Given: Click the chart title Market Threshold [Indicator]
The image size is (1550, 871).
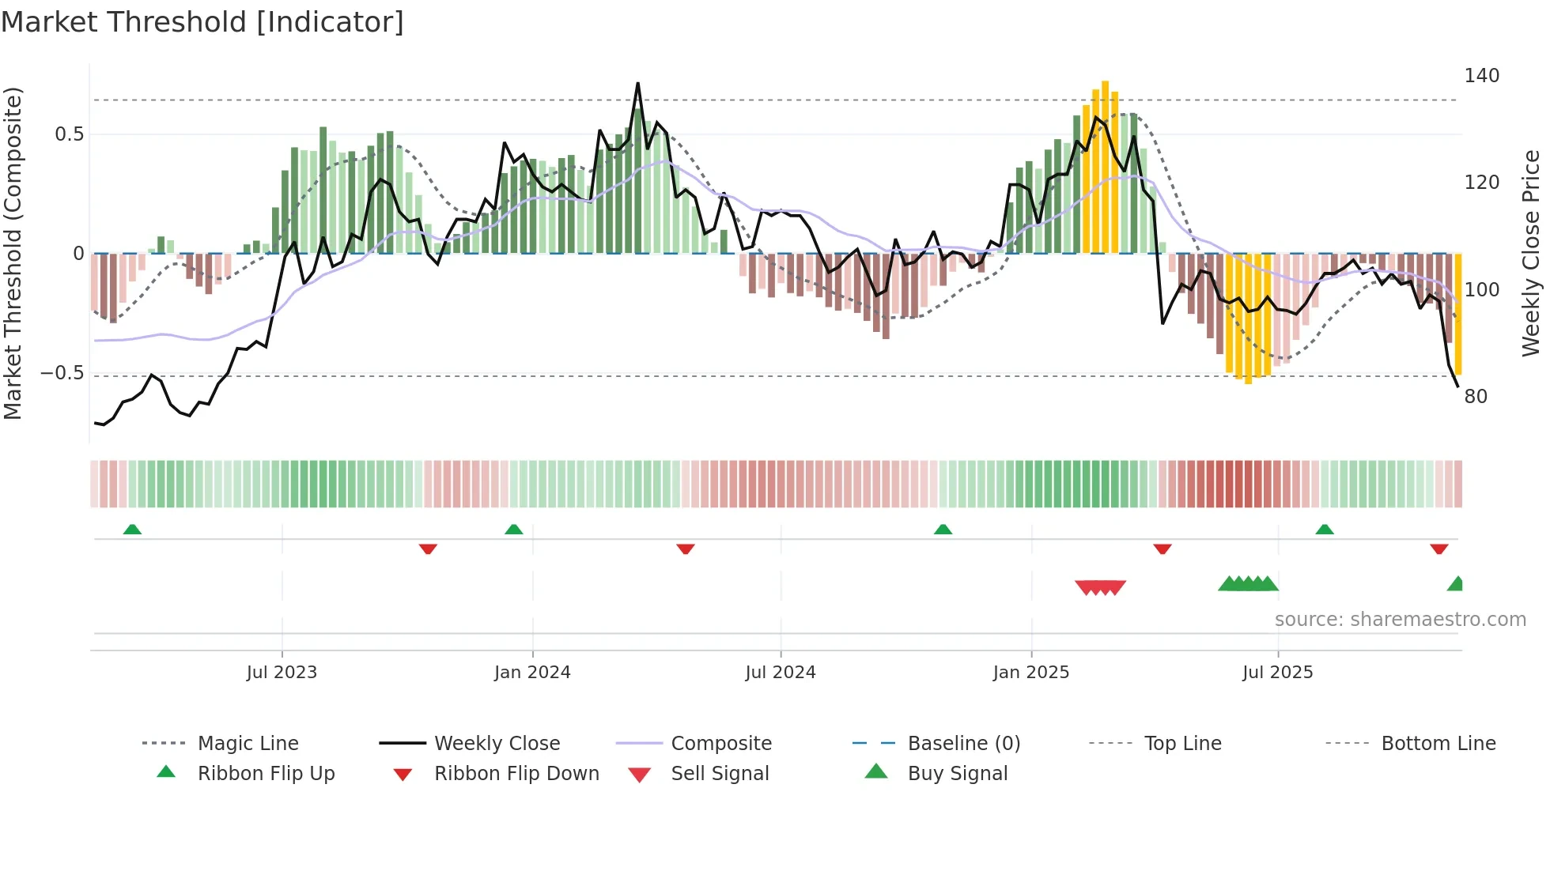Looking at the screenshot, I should coord(202,22).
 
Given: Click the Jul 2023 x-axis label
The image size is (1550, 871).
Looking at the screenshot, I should coord(282,673).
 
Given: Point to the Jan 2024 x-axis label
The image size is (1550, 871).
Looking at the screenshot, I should coord(532,673).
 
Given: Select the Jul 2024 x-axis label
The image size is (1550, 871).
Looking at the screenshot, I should coord(781,673).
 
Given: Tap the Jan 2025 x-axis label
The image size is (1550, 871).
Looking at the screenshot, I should coord(1031,673).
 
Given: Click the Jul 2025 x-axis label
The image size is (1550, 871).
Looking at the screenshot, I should coord(1278,673).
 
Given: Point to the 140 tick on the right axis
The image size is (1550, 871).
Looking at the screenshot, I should coord(1481,76).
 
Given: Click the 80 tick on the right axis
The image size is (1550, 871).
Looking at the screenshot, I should coord(1476,397).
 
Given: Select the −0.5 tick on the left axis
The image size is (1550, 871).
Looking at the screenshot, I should coord(62,373).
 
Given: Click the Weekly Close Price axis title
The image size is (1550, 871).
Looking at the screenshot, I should coord(1531,253).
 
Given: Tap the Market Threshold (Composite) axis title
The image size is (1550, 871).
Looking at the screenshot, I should coord(13,253).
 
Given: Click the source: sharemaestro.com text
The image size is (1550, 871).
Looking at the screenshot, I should coord(1400,620).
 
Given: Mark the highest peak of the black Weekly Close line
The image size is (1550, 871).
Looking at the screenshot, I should coord(637,83).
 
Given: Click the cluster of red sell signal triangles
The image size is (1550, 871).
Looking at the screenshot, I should coord(1100,587).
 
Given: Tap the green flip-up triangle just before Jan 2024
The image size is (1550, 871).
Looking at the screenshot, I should coord(514,530).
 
